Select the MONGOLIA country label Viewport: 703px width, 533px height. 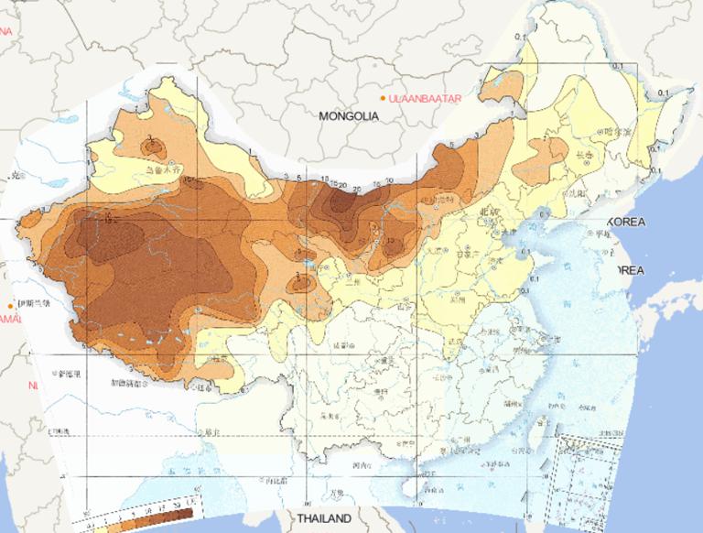coord(349,116)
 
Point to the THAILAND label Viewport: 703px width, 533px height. coord(322,519)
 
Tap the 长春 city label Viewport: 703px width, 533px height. coord(587,157)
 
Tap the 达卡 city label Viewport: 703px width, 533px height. coord(212,432)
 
